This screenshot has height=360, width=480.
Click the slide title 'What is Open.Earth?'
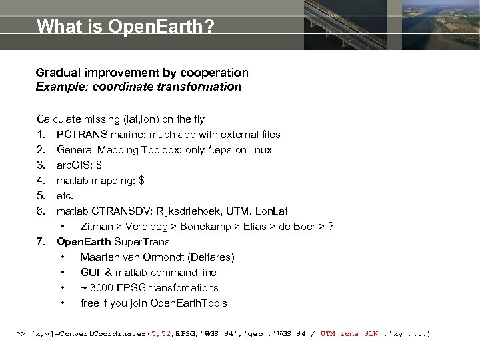125,27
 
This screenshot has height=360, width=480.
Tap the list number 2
41,150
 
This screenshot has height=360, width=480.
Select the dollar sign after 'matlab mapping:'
141,181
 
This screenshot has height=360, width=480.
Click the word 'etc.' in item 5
66,196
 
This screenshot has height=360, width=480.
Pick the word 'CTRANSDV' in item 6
116,211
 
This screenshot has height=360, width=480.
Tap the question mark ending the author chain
331,227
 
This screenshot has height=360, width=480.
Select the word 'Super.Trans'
142,242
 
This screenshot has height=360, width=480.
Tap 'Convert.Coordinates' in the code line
103,333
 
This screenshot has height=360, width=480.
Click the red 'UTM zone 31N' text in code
349,333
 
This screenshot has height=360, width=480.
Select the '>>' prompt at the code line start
20,333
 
